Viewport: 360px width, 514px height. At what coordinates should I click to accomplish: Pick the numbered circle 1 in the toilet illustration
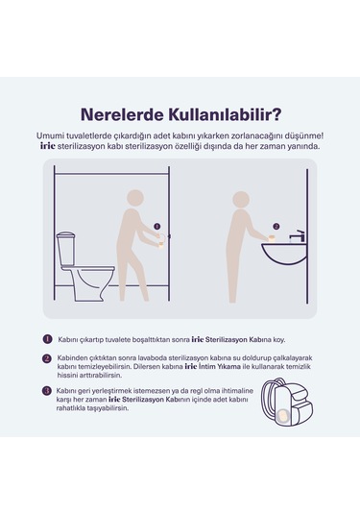(157, 227)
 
